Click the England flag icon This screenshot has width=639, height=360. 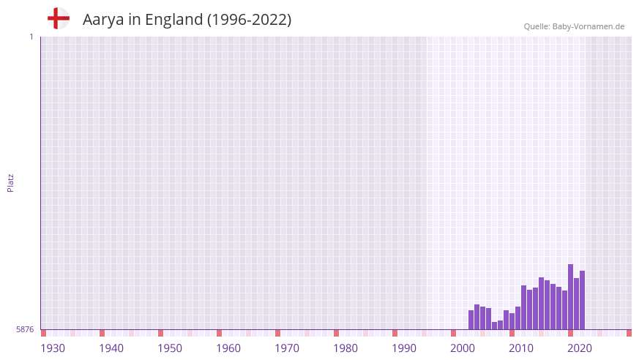58,18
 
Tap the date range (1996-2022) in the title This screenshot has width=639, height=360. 249,20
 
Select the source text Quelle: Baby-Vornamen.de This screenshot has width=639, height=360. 574,26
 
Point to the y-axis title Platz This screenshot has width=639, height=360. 10,182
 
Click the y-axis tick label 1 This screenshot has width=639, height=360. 31,37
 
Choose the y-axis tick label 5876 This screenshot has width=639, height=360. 25,329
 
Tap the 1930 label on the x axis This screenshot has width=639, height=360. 53,348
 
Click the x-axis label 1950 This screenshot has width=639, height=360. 170,348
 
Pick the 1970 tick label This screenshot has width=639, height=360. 287,348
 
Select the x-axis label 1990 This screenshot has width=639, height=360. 404,348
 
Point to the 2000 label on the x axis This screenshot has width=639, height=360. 463,348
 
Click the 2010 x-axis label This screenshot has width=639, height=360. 521,348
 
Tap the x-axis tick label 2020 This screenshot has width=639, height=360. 580,348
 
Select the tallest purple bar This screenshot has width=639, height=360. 570,296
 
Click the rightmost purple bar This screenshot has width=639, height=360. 582,300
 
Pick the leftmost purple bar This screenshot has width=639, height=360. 471,320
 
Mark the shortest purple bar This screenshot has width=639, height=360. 494,326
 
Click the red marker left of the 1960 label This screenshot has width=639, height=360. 219,333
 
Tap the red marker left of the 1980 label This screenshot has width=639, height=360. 336,333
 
